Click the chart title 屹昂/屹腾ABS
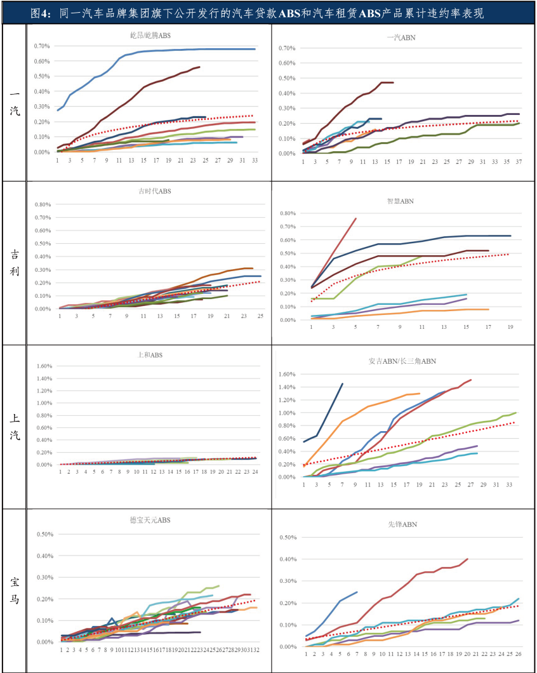146,36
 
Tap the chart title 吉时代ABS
155,190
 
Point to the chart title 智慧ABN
401,201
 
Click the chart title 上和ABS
150,355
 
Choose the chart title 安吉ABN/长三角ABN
402,361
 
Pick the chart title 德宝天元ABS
150,520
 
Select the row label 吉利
14,262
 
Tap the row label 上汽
14,427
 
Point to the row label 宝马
14,590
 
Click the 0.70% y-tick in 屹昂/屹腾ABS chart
41,46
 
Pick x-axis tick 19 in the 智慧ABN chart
510,327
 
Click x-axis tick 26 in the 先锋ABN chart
519,653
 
